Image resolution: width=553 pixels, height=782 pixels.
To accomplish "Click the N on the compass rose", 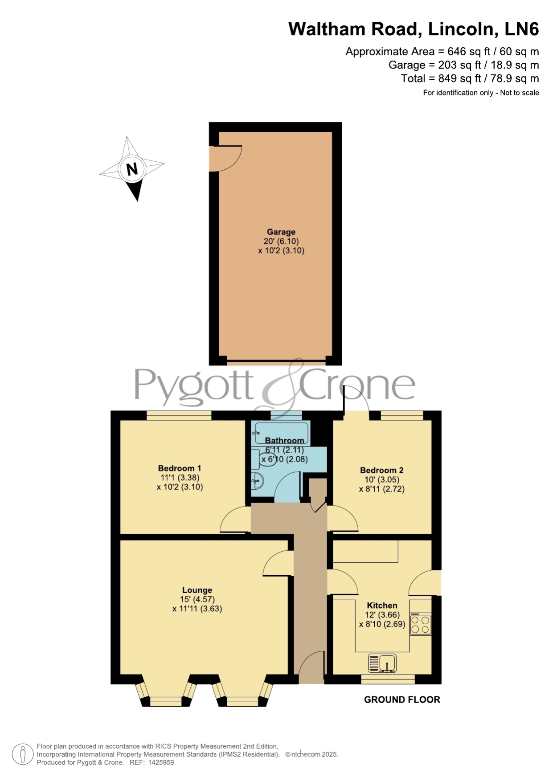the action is point(132,169).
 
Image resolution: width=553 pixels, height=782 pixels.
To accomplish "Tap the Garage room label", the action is point(281,232).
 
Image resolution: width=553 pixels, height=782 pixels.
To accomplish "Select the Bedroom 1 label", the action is point(180,468).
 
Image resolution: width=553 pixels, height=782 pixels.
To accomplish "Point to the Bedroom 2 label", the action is point(382,470).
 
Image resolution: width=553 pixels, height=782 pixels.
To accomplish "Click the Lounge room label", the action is point(197,590).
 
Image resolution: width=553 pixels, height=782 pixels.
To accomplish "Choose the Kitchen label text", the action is point(382,605).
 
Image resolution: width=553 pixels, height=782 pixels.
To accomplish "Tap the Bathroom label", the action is point(285,440).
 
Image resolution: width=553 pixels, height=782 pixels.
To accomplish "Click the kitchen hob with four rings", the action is point(421,624).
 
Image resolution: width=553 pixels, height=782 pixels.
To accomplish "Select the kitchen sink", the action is point(382,663).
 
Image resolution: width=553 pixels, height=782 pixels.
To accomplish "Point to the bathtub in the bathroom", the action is point(280,433).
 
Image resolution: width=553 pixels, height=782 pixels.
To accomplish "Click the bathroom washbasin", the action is point(257,481).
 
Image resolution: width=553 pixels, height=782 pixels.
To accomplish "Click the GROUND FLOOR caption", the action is point(402,700).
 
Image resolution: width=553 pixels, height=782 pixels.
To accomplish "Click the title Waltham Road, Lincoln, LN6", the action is point(414,29).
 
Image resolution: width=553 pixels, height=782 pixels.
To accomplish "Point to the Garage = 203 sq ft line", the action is point(464,65).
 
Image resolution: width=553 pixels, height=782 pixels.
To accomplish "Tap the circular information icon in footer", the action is point(22,754).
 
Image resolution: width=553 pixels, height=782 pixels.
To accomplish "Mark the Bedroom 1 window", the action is point(179,415).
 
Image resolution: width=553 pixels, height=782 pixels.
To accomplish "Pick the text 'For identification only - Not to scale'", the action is point(481,93).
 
